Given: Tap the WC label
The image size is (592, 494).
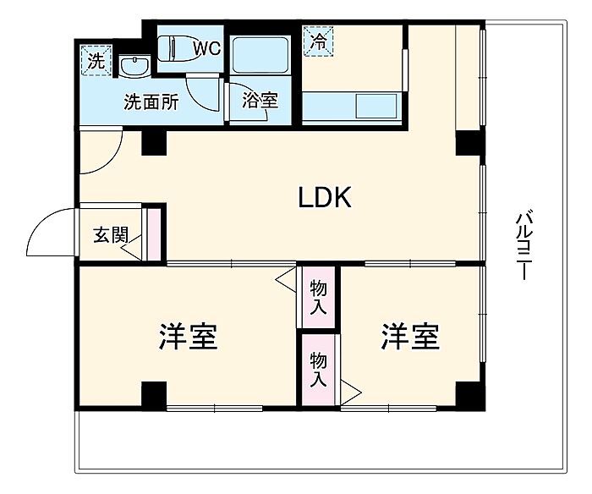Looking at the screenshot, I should pos(206,48).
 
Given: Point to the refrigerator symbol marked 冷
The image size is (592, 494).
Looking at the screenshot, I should pos(318,41).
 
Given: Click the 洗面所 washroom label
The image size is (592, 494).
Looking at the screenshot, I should pos(151,103).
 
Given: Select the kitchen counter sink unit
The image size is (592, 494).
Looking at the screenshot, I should pos(351,108).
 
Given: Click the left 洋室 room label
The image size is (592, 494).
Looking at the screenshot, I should pos(188,336).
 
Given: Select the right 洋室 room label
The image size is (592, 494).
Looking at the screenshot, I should pos(409,336).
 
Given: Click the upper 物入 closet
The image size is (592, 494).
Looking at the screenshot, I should pos(318,297).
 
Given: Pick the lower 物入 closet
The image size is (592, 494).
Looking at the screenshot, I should pos(317,369).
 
